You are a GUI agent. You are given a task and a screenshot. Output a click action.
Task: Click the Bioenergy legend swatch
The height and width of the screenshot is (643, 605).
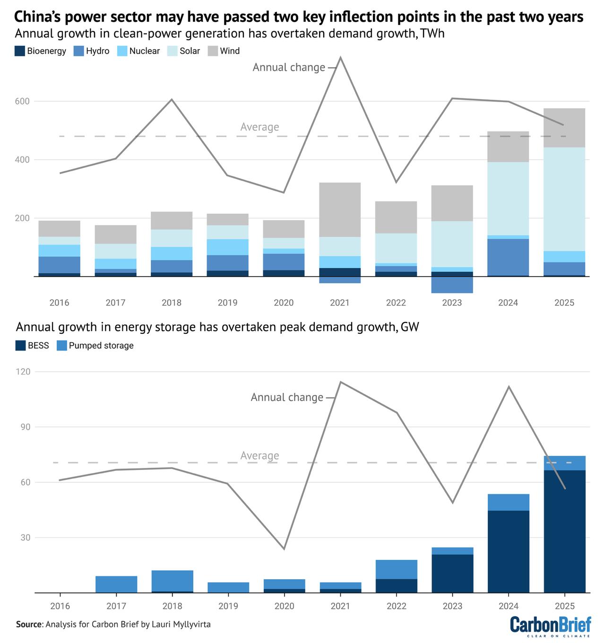pos(20,51)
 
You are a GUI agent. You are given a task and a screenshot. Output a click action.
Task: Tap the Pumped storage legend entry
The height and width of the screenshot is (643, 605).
pos(95,346)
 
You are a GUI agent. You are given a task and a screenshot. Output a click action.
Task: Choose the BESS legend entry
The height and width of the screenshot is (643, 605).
pos(32,346)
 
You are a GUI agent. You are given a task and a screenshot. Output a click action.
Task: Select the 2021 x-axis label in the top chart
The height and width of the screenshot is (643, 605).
pos(339,303)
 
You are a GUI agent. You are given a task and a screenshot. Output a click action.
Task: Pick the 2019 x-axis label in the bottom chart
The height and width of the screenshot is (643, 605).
pos(227,606)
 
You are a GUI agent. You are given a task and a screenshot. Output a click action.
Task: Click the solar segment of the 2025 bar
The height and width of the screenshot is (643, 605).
pos(564,199)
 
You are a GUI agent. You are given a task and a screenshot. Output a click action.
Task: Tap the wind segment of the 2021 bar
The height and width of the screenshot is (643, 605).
pos(339,209)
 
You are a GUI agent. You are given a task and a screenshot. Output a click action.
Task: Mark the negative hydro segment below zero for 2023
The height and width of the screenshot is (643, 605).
pos(452,285)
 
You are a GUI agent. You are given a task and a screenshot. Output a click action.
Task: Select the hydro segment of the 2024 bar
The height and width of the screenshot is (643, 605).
pos(508,257)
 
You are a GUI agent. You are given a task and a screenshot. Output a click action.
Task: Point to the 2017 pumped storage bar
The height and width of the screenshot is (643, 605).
pos(116,584)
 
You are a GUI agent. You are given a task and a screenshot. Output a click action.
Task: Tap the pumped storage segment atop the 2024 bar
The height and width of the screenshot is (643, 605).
pos(508,502)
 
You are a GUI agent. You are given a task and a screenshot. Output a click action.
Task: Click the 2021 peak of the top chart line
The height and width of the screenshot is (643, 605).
pos(340,58)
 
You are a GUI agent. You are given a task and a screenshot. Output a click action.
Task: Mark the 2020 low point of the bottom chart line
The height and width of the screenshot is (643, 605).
pos(284,549)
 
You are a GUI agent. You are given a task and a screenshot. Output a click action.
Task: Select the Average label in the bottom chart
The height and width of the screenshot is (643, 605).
pos(259,456)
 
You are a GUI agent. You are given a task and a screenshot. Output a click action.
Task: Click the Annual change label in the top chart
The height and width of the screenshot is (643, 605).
pos(289,68)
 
